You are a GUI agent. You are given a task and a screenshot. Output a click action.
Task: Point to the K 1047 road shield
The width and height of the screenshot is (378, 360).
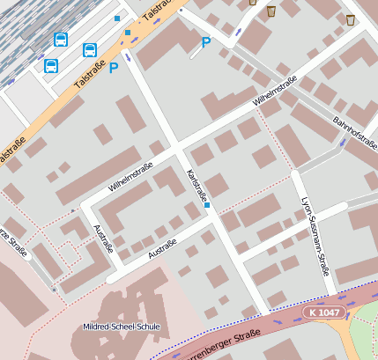point(323,312)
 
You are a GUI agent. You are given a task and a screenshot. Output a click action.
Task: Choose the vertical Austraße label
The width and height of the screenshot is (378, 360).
point(102,239)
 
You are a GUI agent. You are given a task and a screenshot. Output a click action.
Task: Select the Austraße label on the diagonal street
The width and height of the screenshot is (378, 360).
point(163,248)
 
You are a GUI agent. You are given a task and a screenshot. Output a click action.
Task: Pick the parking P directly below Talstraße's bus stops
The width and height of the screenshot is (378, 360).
point(114,68)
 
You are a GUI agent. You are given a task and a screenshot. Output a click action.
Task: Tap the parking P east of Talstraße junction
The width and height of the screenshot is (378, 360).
point(206,42)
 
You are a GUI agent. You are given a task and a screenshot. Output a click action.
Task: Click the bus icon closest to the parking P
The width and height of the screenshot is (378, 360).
point(89,50)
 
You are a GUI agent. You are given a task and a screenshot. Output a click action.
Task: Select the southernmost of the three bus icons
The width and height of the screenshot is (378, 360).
point(51,66)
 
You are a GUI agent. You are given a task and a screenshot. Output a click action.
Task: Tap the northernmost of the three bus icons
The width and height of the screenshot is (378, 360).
point(61,40)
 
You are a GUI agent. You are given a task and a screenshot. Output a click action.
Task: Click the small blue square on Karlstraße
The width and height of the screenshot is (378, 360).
point(207,206)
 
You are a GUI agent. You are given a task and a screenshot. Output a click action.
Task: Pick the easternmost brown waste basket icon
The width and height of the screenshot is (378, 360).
point(351,19)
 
